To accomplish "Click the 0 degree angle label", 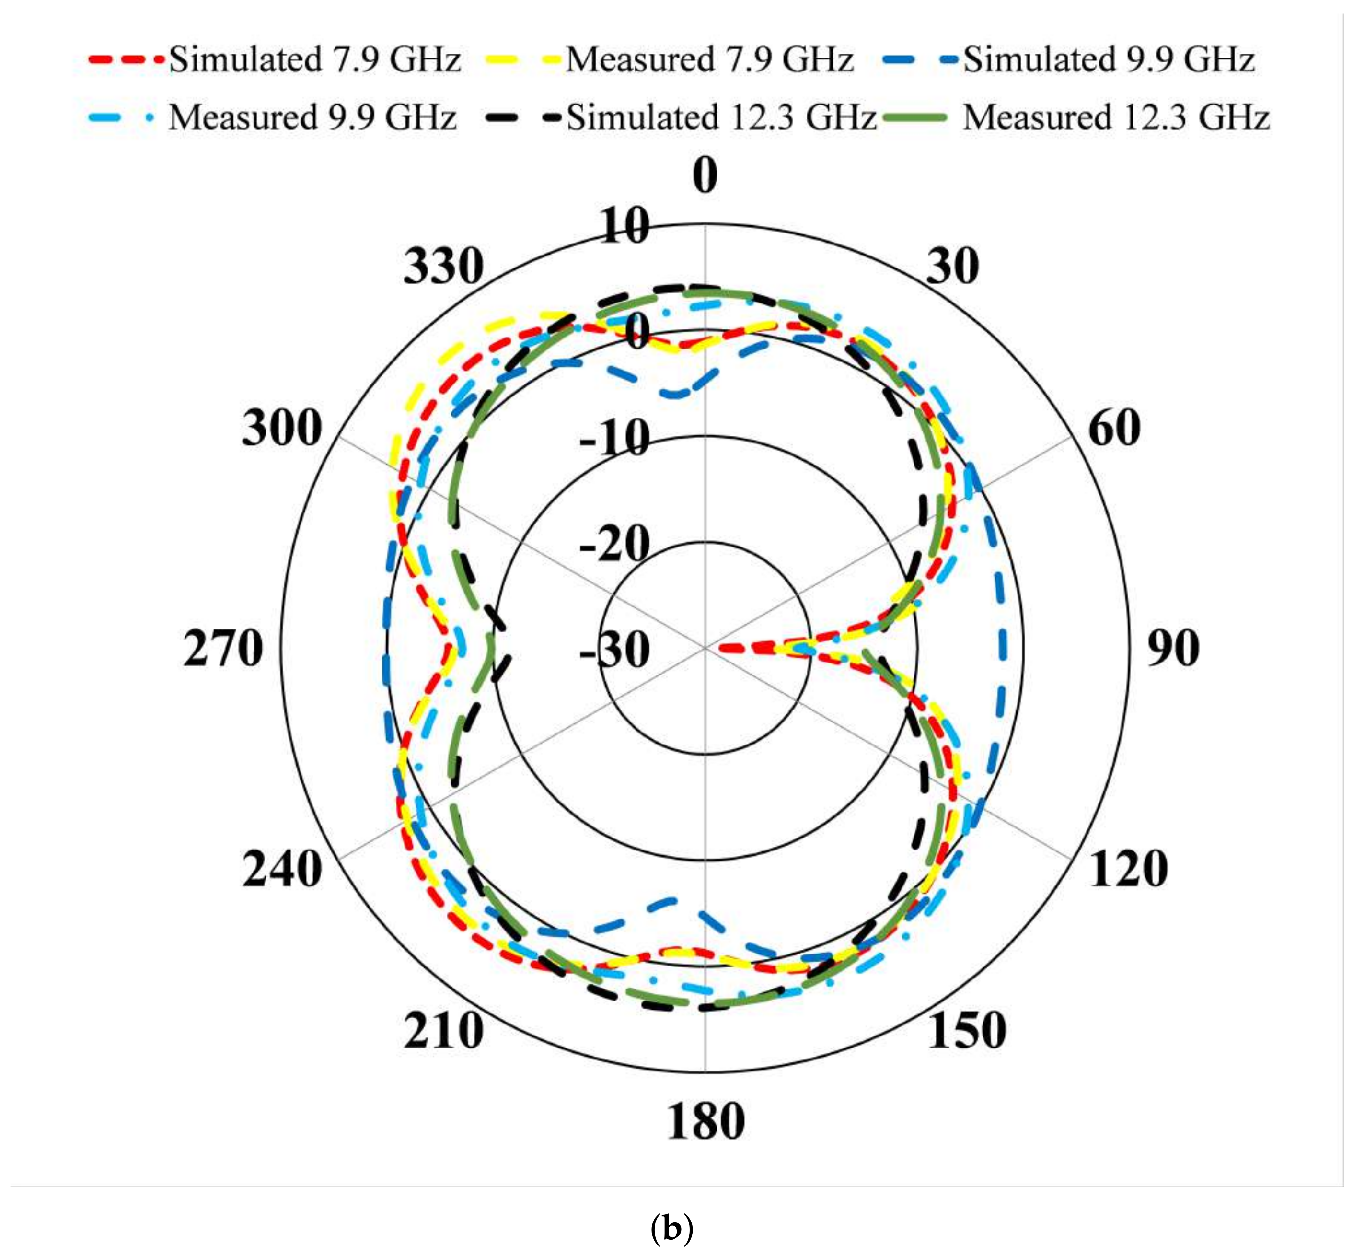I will click(705, 175).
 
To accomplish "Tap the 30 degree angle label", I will click(953, 266).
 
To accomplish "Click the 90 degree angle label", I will click(1173, 648).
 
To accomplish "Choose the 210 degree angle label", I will click(443, 1031).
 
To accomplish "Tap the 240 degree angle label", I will click(282, 869).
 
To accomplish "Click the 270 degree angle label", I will click(223, 648).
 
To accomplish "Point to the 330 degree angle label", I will click(443, 266).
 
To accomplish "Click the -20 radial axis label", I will click(614, 544).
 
